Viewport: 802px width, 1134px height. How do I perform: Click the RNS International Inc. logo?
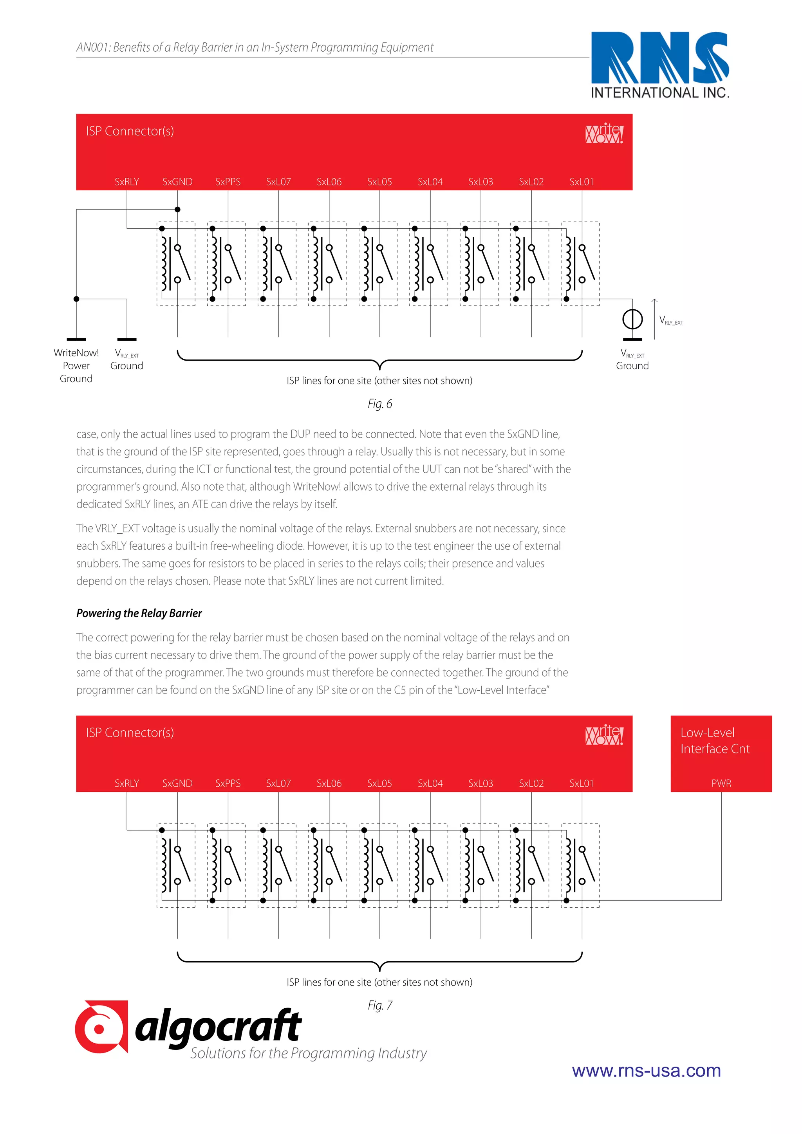click(660, 65)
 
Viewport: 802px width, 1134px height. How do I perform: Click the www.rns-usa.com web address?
click(646, 1070)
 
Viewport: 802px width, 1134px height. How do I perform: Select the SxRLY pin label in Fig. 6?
click(127, 182)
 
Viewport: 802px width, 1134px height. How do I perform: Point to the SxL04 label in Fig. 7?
click(430, 783)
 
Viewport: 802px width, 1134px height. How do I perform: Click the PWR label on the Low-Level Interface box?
click(721, 783)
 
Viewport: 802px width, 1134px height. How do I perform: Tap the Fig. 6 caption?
click(379, 404)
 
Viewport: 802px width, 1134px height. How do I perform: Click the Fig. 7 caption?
click(379, 1005)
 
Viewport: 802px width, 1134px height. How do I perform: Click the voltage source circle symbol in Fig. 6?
click(632, 319)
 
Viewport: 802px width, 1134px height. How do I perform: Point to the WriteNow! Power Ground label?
click(76, 365)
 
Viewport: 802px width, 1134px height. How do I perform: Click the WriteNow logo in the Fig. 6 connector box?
click(604, 134)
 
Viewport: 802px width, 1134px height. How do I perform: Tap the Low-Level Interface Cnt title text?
click(714, 740)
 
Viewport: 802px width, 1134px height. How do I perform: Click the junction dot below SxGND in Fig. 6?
click(177, 209)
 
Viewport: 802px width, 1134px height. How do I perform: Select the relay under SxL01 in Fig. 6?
click(580, 264)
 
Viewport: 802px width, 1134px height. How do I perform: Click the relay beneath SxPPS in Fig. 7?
click(226, 865)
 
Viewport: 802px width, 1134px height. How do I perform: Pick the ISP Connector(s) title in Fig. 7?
click(130, 733)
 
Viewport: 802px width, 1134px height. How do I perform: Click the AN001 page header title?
click(255, 47)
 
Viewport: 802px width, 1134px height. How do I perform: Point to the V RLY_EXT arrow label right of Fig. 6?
click(671, 321)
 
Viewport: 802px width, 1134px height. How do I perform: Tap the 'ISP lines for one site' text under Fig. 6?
click(379, 381)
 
